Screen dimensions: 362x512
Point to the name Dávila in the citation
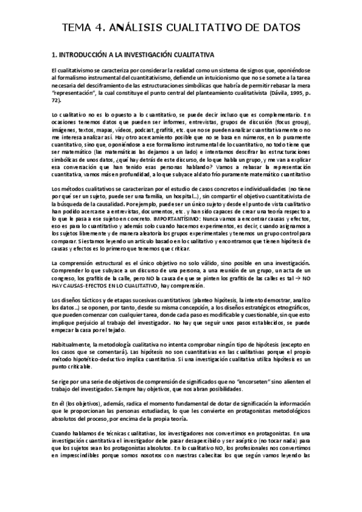click(275, 94)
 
